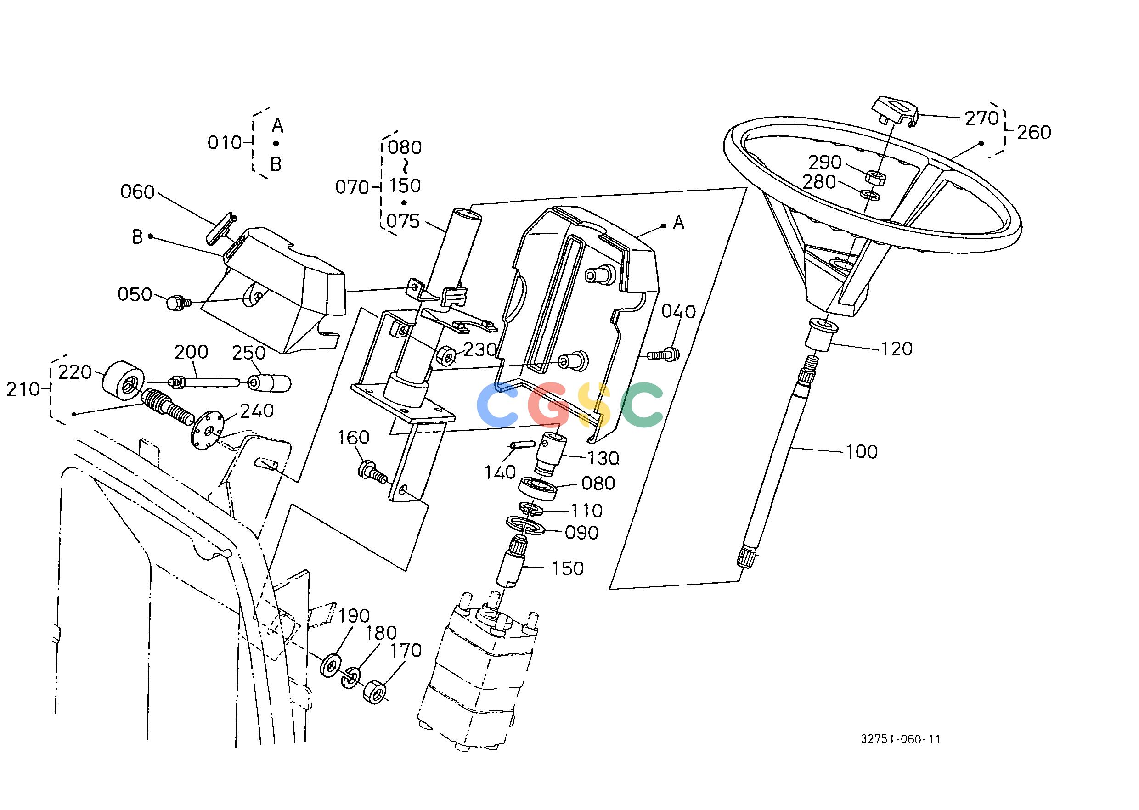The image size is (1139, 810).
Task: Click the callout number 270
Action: pyautogui.click(x=981, y=118)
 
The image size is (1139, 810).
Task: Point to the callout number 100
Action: pyautogui.click(x=862, y=451)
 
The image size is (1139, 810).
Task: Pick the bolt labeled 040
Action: pyautogui.click(x=663, y=354)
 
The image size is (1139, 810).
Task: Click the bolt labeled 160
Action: pyautogui.click(x=372, y=472)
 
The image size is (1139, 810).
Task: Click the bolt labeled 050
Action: pyautogui.click(x=177, y=302)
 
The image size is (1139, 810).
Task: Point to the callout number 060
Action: pyautogui.click(x=138, y=192)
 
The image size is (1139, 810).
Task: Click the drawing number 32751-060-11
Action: pyautogui.click(x=901, y=753)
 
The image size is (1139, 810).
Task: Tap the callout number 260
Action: pyautogui.click(x=1034, y=133)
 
